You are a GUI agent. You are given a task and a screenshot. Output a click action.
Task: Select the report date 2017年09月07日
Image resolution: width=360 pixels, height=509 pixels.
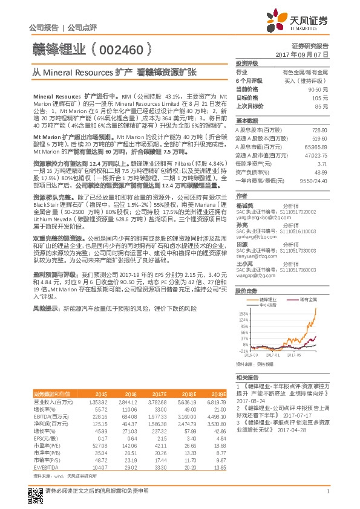pos(302,54)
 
